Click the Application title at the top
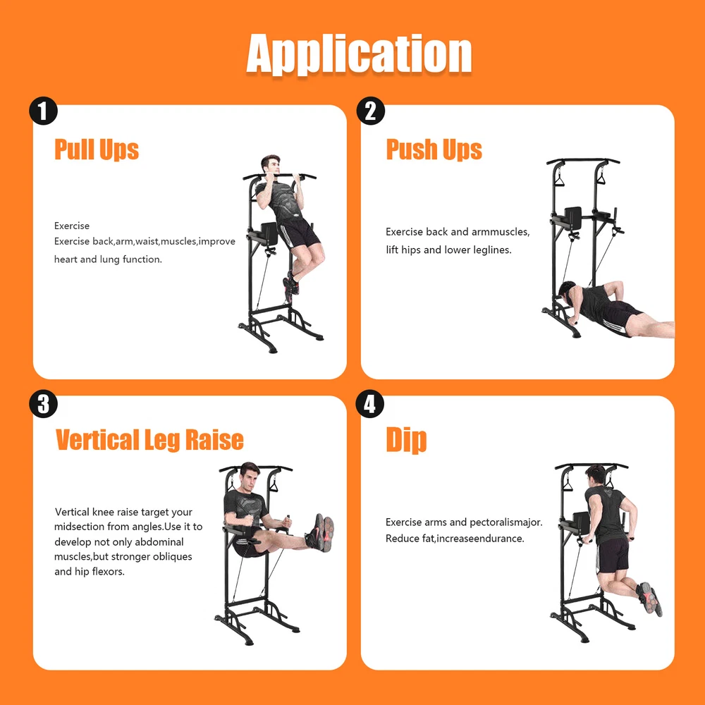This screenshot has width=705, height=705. pos(359,54)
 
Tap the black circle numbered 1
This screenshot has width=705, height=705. pos(43,111)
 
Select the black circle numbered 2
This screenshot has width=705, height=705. pos(371,111)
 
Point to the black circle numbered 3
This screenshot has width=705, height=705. pos(43,404)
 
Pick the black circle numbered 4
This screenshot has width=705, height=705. pos(369,404)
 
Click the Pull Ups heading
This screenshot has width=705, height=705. pos(96,149)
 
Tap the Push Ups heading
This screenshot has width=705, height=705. pos(434,149)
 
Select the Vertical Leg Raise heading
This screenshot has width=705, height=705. pos(149,440)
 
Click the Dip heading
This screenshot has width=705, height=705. pos(406,440)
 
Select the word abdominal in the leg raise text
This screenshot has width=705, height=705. pos(159,541)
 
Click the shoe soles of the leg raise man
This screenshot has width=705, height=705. pos(325,533)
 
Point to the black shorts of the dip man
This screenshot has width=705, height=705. pos(613,556)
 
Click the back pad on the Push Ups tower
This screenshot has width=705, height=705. pos(572,218)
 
